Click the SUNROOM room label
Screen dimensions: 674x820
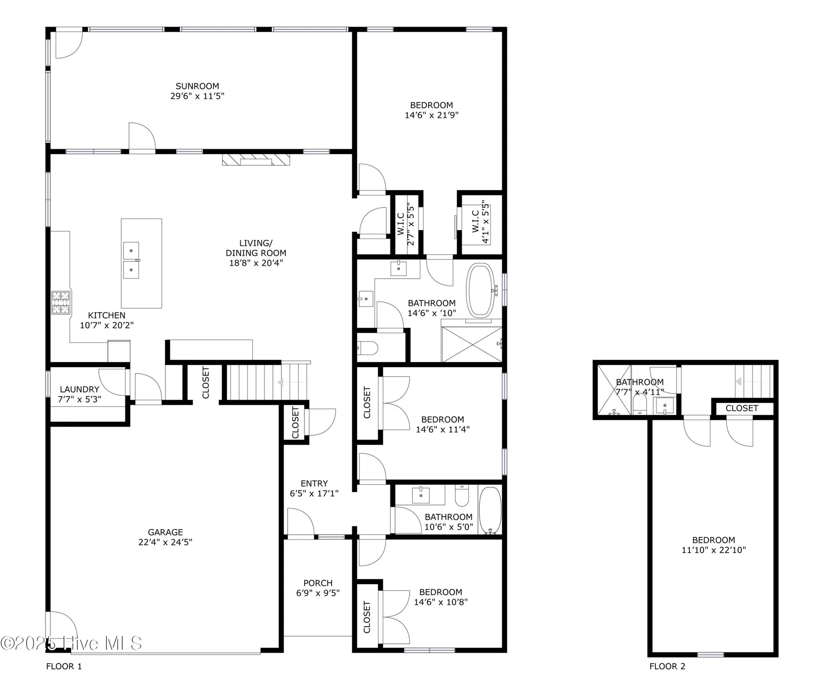tap(197, 86)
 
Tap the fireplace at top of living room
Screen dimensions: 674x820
tap(256, 160)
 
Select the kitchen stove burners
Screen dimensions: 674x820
tap(61, 302)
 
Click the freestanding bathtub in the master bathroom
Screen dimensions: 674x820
tap(481, 290)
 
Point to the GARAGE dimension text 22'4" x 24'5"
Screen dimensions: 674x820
tap(165, 542)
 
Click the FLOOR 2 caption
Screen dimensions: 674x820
tap(667, 666)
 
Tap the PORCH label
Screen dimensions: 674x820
tap(317, 583)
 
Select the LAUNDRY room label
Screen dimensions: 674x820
tap(79, 389)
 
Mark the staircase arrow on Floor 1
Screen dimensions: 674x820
tap(281, 382)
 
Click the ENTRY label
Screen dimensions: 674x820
tap(314, 483)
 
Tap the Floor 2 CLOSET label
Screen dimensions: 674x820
tap(741, 408)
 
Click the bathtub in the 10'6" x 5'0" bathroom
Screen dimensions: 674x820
tap(490, 510)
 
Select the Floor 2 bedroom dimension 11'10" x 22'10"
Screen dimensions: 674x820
tap(713, 550)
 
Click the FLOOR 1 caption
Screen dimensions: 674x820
tap(64, 666)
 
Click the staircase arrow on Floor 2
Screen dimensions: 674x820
tap(738, 381)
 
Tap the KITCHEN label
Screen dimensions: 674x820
tap(107, 315)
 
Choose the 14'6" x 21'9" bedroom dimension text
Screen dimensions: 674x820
tap(431, 115)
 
